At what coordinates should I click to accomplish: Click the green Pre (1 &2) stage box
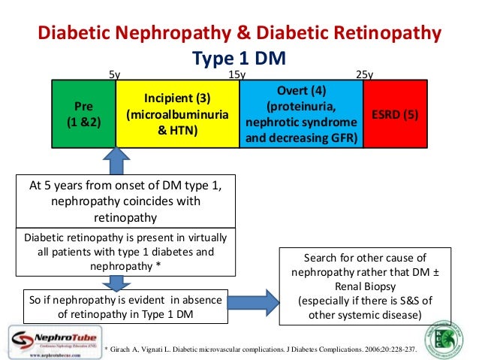pyautogui.click(x=83, y=113)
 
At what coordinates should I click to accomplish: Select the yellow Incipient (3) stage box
pyautogui.click(x=177, y=114)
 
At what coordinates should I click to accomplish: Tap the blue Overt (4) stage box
pyautogui.click(x=300, y=114)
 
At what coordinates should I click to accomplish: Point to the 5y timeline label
pyautogui.click(x=115, y=74)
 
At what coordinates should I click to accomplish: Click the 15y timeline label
pyautogui.click(x=237, y=74)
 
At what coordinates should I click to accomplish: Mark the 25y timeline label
pyautogui.click(x=365, y=74)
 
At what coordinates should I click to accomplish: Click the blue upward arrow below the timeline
pyautogui.click(x=116, y=161)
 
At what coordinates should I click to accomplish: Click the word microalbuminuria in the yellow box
pyautogui.click(x=177, y=115)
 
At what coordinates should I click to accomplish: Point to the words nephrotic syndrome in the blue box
pyautogui.click(x=301, y=123)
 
